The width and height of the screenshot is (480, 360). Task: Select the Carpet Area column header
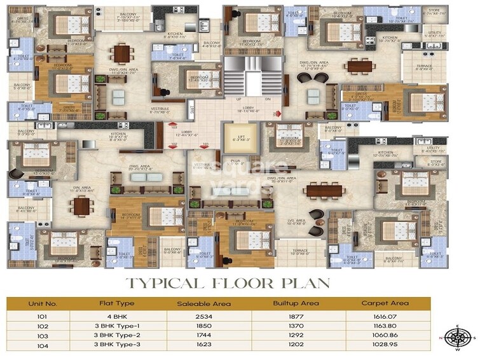pyautogui.click(x=385, y=303)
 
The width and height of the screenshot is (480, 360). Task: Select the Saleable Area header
pyautogui.click(x=203, y=303)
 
